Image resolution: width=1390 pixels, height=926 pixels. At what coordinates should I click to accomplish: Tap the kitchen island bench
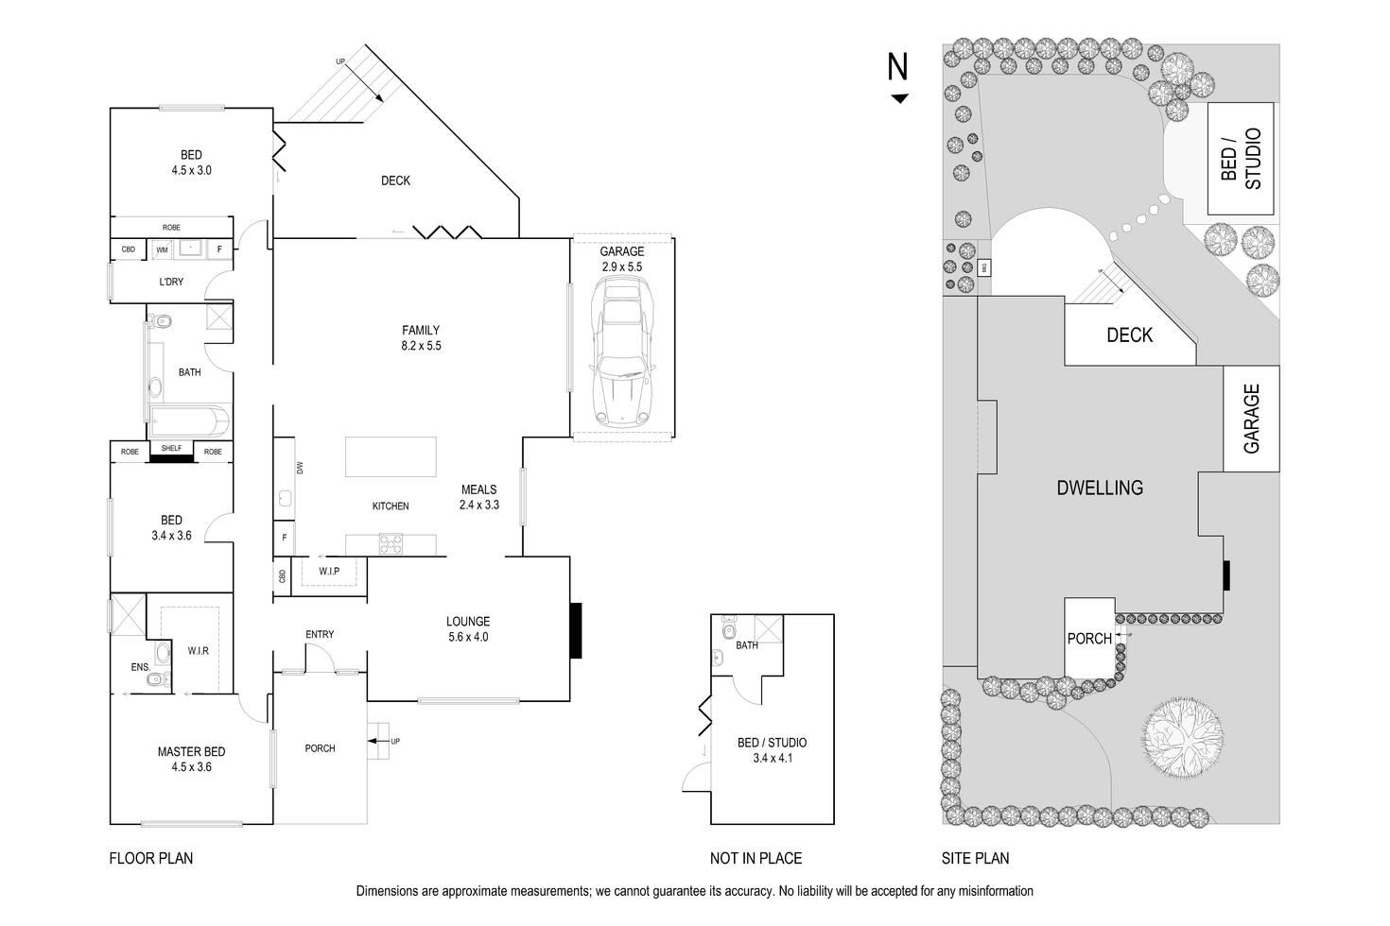[391, 456]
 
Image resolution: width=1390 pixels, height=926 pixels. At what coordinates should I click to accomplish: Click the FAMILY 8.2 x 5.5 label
[421, 338]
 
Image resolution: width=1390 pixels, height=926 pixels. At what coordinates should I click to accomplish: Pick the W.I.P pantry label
[328, 572]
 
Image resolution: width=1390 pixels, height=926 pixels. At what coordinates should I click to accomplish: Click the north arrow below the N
[899, 98]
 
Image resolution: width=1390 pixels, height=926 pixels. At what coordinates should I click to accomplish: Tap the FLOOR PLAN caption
[151, 858]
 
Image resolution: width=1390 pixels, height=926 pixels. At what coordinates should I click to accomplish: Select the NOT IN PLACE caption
[756, 858]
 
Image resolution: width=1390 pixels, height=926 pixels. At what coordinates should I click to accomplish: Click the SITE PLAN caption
[975, 858]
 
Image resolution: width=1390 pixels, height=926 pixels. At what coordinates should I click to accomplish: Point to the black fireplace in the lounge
[575, 630]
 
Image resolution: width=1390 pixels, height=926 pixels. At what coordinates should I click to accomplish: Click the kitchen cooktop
[391, 544]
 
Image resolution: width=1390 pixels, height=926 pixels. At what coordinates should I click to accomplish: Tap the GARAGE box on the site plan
[1252, 419]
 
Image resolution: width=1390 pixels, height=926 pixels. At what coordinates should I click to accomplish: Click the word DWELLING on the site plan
[1099, 488]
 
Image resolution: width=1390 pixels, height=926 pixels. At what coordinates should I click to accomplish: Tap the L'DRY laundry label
[171, 282]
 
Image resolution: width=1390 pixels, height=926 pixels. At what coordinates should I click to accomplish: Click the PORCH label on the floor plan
[320, 748]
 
